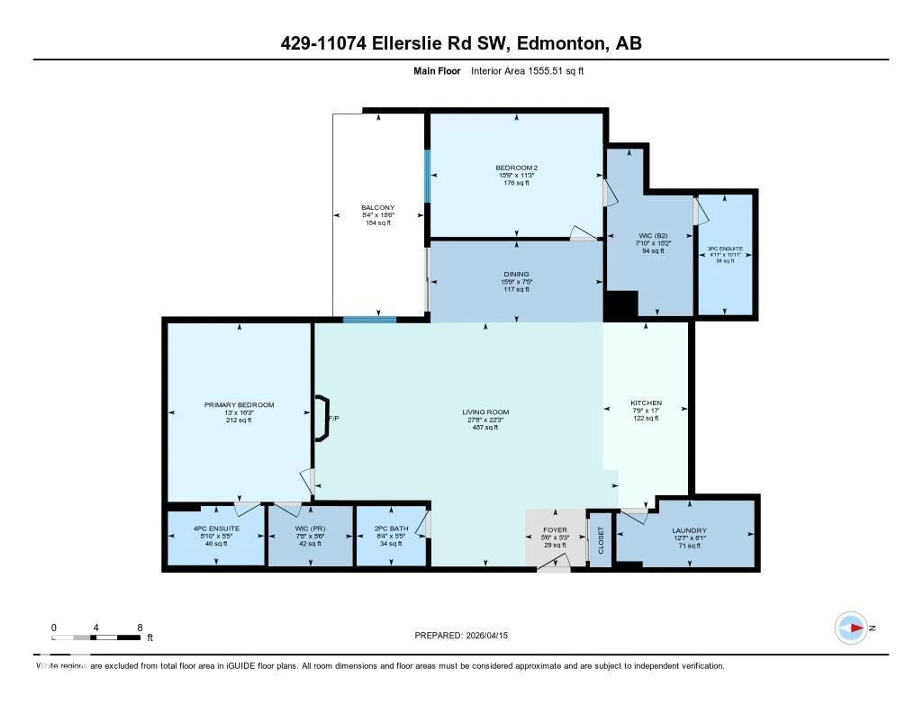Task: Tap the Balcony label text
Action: pos(378,208)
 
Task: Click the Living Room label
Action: pos(485,412)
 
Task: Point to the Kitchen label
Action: pos(646,403)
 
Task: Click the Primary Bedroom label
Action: pos(239,405)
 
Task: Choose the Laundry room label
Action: pos(689,531)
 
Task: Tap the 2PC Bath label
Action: pos(391,528)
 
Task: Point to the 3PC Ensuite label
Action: pos(725,249)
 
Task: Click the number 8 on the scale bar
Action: pos(140,628)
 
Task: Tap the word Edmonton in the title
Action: pos(561,43)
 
